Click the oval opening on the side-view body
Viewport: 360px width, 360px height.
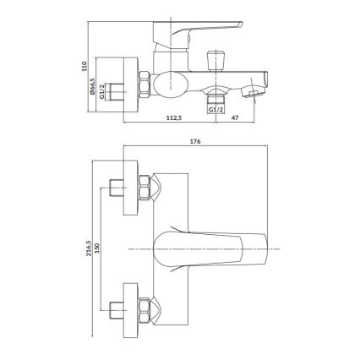pyautogui.click(x=170, y=83)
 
